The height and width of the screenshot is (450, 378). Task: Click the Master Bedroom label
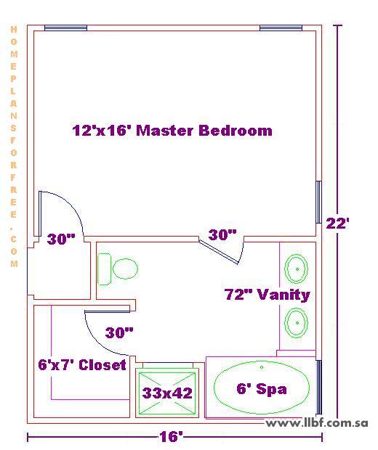172,131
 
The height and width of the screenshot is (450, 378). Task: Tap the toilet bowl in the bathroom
125,269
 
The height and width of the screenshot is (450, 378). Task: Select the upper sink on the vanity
296,269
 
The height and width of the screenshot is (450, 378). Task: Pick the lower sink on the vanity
296,322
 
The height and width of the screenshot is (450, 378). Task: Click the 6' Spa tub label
262,389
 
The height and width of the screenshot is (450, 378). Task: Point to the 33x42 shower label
167,393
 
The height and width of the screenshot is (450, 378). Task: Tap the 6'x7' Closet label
82,365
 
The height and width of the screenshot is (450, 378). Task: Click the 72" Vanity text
267,295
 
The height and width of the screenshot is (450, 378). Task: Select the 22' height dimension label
337,224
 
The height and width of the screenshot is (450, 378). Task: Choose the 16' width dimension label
172,437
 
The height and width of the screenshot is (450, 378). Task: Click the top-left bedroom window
65,28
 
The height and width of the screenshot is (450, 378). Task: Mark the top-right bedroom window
281,28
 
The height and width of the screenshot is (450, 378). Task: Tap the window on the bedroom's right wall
318,202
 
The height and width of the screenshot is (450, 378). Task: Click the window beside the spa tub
318,387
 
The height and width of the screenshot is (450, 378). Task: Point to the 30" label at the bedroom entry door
61,239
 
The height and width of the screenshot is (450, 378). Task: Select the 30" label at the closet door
119,332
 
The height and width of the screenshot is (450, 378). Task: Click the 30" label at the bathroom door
222,234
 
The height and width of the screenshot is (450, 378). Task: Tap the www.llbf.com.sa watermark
316,422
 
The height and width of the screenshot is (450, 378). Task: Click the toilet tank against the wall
105,269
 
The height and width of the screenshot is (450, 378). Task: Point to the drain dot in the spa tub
262,367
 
